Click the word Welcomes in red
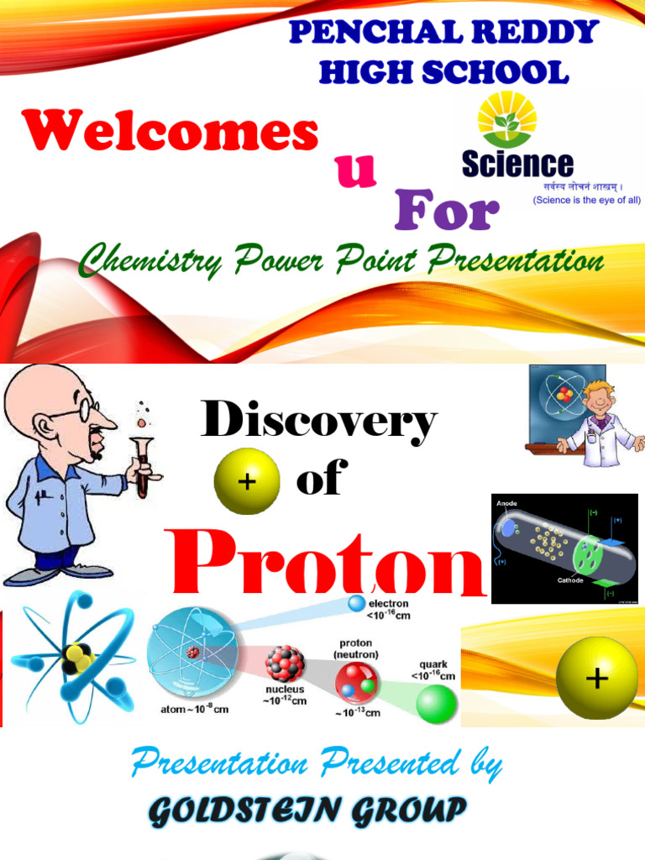click(x=171, y=132)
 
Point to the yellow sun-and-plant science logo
click(x=506, y=120)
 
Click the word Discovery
click(x=318, y=421)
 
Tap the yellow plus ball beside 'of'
click(x=246, y=480)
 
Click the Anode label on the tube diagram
click(x=506, y=504)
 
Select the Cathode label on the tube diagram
click(x=570, y=580)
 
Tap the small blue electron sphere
click(x=357, y=604)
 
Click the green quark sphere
click(x=437, y=702)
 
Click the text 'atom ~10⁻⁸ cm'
click(x=194, y=709)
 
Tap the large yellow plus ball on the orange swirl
click(x=597, y=678)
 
